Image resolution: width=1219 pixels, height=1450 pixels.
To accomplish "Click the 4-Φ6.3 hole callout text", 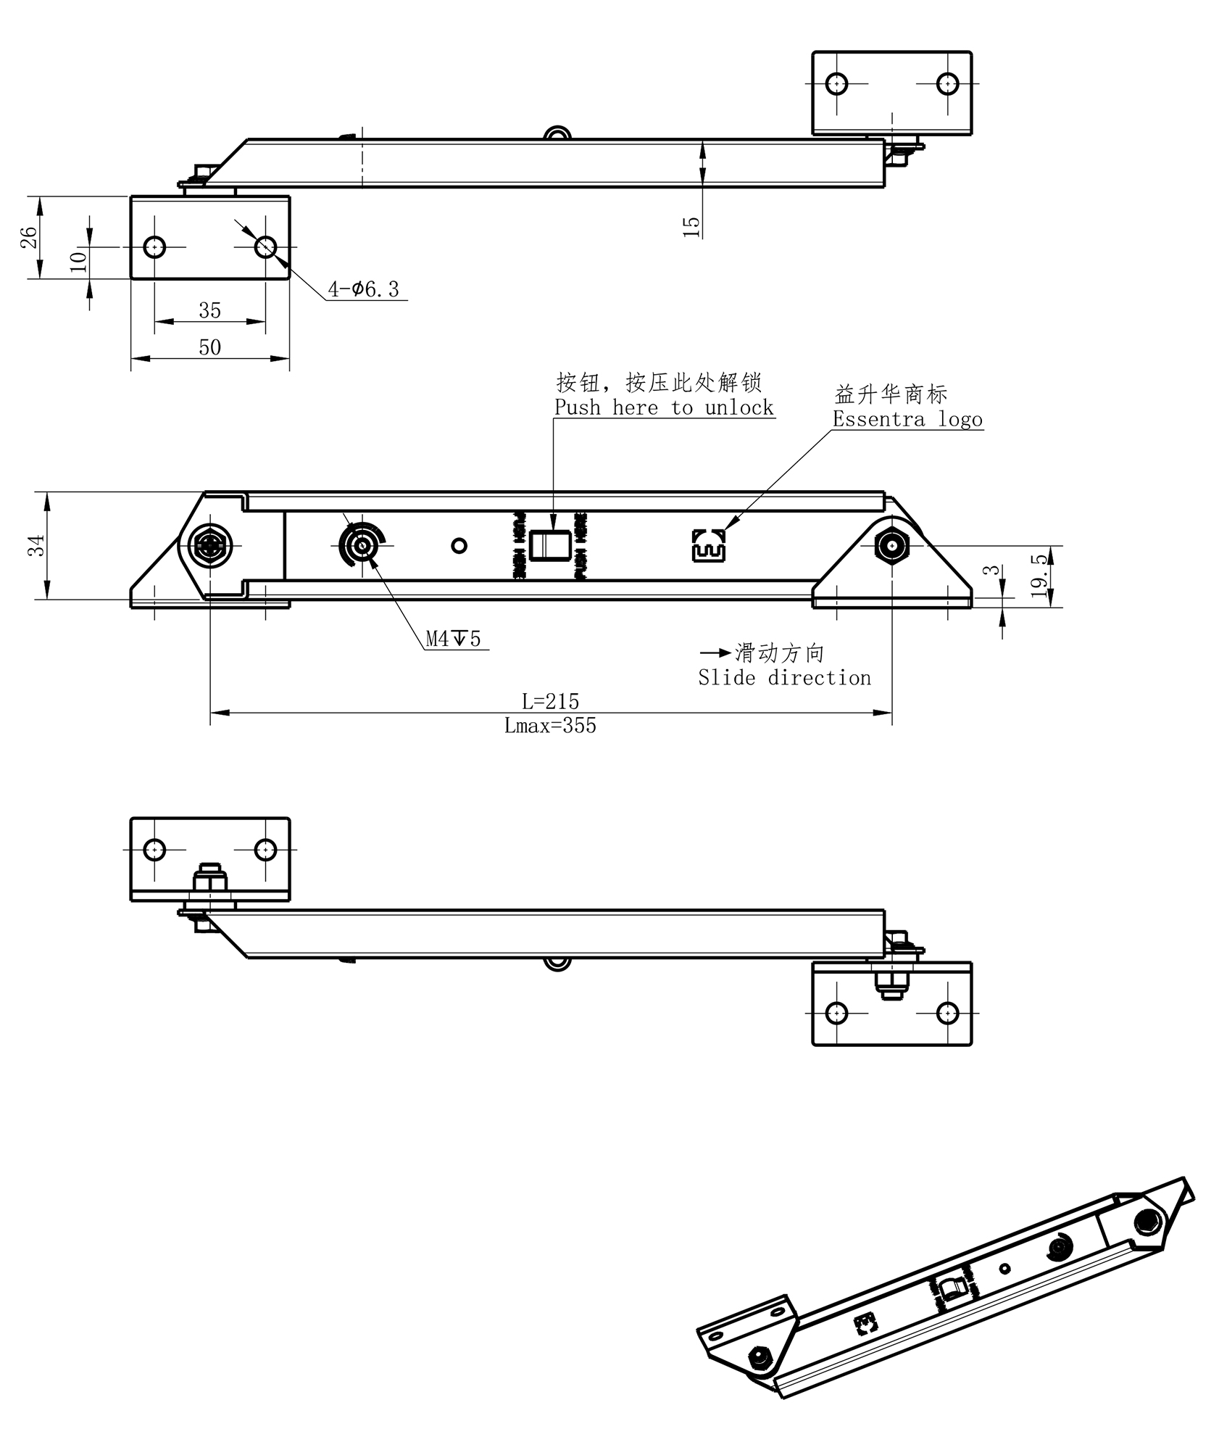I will tap(364, 289).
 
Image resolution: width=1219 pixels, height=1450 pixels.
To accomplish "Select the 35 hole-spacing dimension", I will tap(209, 310).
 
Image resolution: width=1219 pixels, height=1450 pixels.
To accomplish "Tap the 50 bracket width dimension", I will tap(209, 347).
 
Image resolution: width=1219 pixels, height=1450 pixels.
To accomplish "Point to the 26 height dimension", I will tap(28, 237).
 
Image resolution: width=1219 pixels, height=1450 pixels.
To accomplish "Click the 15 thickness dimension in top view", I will tap(692, 225).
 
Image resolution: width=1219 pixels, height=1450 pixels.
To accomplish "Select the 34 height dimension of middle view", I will tap(36, 545).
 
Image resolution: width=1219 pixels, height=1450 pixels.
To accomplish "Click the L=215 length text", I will tap(550, 701).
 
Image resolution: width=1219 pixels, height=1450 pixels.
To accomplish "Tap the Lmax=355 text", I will tap(550, 726).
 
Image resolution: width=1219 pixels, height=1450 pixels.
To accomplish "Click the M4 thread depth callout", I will tap(453, 639).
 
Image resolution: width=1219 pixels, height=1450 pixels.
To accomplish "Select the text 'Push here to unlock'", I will tap(664, 407).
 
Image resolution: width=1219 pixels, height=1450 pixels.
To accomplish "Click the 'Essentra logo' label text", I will tap(907, 419).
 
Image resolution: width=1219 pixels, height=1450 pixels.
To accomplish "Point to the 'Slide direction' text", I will tap(784, 678).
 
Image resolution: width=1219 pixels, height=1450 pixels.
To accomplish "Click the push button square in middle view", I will tap(548, 546).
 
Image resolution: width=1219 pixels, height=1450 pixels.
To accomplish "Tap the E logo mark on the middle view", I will tap(708, 545).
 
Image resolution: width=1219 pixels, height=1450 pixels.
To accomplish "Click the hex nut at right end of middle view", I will tap(891, 544).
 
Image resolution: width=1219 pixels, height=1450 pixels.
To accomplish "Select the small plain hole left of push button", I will tap(459, 545).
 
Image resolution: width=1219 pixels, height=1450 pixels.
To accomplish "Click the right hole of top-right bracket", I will tap(947, 84).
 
